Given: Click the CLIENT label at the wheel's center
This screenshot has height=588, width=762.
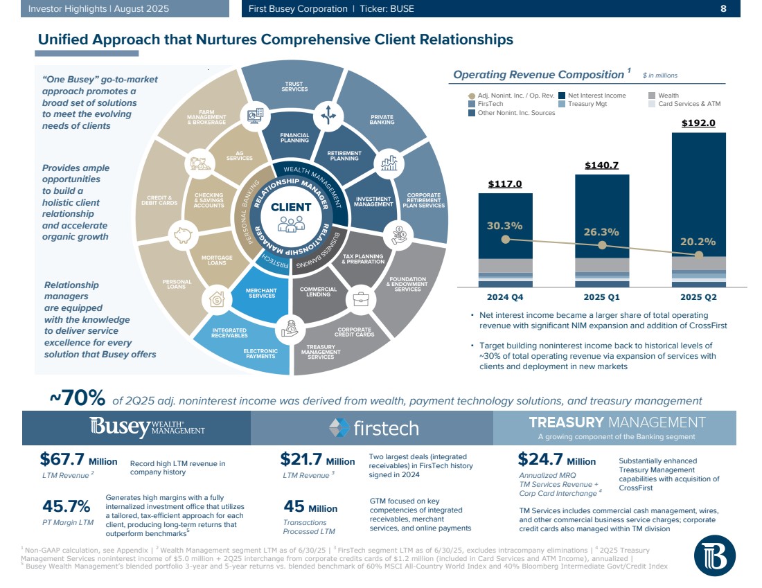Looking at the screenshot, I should coord(291,206).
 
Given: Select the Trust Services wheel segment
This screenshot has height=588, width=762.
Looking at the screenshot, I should coord(294,87).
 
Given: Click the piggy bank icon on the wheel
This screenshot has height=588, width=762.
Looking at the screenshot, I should coord(183,234).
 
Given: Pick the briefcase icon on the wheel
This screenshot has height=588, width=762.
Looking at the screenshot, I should coord(361,299).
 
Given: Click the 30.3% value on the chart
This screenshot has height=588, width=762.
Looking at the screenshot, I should coord(504,225).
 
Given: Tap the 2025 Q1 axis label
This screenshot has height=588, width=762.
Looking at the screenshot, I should coord(601,297).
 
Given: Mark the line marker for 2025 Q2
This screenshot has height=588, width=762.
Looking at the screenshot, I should coord(698,254).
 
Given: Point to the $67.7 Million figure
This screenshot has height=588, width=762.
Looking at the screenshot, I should coord(78,460).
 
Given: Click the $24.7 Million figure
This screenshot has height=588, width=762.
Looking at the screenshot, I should coord(556,460).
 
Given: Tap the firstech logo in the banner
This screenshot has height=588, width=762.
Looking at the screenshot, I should coord(373,428).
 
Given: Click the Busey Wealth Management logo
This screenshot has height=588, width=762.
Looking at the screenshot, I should coord(147,428).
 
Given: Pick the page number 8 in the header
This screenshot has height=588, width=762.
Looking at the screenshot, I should coord(723,9).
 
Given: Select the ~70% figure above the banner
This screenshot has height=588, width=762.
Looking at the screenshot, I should coord(77,399).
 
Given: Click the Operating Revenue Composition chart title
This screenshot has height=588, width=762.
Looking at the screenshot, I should coord(538,75).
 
